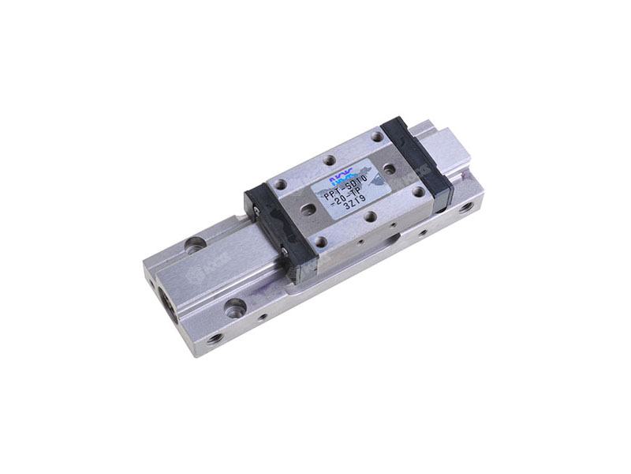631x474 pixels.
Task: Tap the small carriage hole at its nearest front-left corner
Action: pyautogui.click(x=320, y=241)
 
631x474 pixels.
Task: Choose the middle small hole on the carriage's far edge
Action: pyautogui.click(x=328, y=160)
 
